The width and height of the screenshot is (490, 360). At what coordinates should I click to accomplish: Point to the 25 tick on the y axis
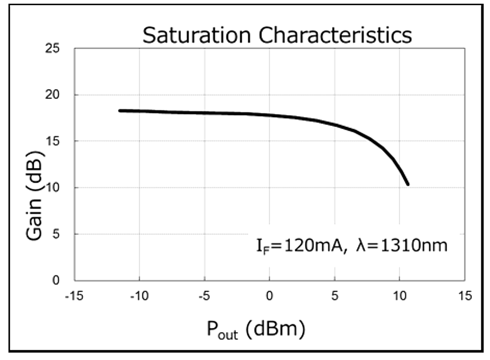[x=59, y=49]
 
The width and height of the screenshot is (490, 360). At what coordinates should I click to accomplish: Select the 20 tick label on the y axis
[x=59, y=95]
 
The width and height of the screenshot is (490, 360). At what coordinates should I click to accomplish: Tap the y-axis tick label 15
[x=59, y=141]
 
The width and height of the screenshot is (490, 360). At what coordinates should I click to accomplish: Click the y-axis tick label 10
[x=59, y=188]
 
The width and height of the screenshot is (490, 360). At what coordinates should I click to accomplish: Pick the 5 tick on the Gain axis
[x=61, y=234]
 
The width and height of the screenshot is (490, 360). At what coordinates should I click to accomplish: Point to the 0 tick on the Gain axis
[x=61, y=281]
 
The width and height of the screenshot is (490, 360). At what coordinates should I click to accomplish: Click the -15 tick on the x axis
[x=74, y=295]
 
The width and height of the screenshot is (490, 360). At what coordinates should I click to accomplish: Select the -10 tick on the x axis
[x=139, y=295]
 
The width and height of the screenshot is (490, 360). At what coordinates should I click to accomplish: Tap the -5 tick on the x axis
[x=204, y=295]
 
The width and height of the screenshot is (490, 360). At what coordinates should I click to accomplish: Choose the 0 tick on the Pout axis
[x=269, y=295]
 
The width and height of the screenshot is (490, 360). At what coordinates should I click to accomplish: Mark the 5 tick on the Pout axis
[x=334, y=295]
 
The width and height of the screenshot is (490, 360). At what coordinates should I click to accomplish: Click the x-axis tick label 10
[x=400, y=295]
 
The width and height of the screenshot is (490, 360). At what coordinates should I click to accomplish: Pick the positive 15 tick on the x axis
[x=465, y=295]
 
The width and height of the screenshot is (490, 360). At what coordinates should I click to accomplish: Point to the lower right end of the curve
[x=407, y=184]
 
